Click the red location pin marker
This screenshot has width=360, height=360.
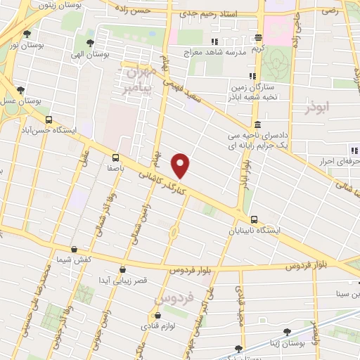coord(181,165)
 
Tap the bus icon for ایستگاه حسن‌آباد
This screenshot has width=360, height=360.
coord(48,120)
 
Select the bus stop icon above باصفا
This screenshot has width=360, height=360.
coord(115,159)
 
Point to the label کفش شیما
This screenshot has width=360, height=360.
coord(75,259)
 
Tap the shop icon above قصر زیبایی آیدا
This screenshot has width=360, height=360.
coord(123,269)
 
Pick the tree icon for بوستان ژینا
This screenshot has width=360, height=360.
coord(242,348)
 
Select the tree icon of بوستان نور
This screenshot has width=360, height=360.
coord(27,34)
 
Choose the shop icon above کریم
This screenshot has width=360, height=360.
coord(259,39)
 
